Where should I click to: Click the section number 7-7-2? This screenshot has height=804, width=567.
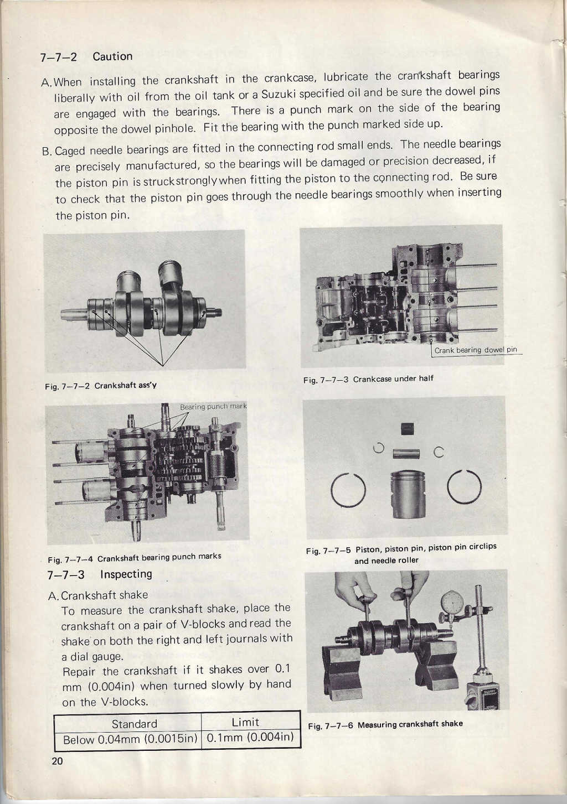click(58, 57)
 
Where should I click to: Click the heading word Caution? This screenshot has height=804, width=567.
click(112, 56)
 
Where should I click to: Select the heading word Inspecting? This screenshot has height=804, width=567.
click(126, 574)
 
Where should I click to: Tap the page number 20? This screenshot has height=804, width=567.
click(57, 761)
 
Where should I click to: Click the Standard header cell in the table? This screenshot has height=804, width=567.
click(134, 724)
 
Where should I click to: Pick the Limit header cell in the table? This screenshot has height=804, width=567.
click(245, 722)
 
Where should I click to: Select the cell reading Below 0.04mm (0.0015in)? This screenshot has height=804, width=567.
click(130, 740)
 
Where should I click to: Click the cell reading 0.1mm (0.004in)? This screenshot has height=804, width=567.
click(250, 738)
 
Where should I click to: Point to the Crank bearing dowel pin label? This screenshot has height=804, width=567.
click(475, 350)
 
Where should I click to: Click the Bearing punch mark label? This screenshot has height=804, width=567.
click(213, 406)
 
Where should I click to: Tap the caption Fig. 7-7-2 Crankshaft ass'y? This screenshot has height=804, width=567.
click(101, 385)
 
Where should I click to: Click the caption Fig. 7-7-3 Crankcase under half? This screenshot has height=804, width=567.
click(368, 379)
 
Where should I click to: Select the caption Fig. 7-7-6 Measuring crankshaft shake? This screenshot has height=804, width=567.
click(385, 725)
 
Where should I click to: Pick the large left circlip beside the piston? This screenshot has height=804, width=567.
click(347, 490)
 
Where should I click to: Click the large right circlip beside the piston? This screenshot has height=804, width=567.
click(464, 487)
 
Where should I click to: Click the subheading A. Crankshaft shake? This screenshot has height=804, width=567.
click(98, 595)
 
